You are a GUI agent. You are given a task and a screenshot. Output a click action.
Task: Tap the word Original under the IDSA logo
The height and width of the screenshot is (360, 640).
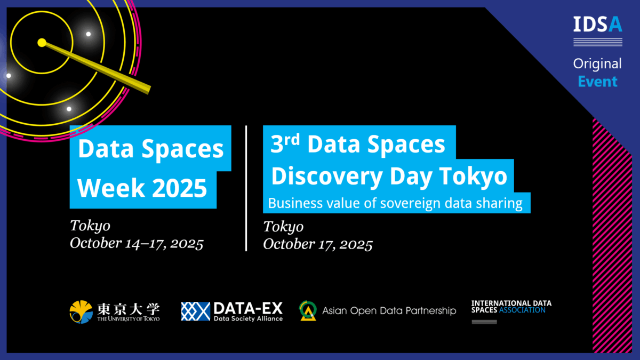[x=597, y=63]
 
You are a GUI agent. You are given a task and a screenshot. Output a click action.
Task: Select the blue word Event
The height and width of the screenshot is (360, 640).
[x=597, y=82]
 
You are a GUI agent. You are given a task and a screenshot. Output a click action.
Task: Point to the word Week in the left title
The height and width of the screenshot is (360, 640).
[x=111, y=188]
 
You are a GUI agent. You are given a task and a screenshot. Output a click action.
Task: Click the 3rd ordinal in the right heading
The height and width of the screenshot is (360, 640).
[x=285, y=143]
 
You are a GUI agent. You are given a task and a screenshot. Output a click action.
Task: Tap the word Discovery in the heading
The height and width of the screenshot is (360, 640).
[x=327, y=177]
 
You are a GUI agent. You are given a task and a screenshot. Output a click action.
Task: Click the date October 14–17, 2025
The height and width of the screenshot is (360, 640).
[x=137, y=243]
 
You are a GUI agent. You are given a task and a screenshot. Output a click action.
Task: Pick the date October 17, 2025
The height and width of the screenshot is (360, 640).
[x=318, y=244]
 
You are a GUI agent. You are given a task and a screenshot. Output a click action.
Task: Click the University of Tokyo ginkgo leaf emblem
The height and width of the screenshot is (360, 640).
[x=81, y=311]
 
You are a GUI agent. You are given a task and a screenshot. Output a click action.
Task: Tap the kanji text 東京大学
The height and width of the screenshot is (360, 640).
[x=129, y=309]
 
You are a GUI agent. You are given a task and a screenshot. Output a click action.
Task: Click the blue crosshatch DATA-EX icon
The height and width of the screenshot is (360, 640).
[x=195, y=311]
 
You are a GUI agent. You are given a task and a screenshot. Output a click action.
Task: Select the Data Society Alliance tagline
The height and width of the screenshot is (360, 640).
[x=249, y=318]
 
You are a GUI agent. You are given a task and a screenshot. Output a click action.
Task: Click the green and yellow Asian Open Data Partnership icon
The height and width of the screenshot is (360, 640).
[x=308, y=310]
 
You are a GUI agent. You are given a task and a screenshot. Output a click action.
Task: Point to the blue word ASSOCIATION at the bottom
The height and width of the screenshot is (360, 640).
[x=522, y=310]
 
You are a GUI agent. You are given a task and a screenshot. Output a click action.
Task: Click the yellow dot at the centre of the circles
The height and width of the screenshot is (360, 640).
[x=42, y=43]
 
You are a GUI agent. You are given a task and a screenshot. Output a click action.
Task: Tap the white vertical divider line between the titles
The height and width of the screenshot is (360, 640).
[x=246, y=188]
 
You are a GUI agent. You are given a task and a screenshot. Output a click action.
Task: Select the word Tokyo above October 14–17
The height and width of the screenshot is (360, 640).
[x=90, y=226]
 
